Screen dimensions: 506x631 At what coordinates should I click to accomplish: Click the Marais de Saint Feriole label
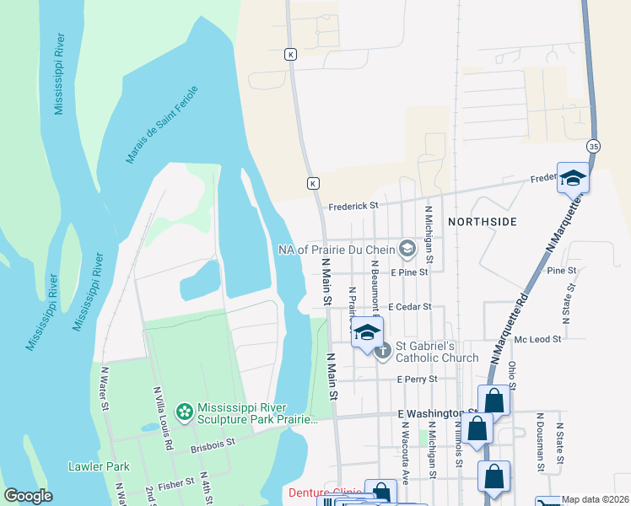[161, 124]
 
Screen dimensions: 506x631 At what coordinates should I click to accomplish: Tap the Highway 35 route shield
[595, 145]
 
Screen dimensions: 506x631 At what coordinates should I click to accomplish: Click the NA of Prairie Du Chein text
[337, 249]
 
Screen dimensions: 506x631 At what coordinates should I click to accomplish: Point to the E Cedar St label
[410, 308]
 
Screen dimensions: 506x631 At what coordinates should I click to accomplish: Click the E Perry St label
[417, 379]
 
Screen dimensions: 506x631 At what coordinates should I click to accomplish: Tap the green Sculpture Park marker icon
[184, 412]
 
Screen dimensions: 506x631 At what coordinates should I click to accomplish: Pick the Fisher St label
[176, 485]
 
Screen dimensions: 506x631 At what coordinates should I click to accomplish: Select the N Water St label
[105, 389]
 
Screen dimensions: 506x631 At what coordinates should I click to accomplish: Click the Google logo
[28, 496]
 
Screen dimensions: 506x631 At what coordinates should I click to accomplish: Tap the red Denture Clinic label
[326, 493]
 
